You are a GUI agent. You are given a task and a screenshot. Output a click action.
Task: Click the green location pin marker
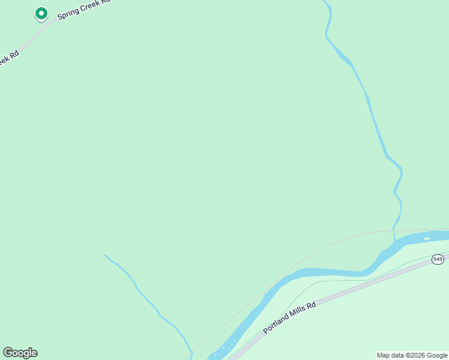coord(41,13)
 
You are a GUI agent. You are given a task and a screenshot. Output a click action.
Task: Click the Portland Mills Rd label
coord(289,319)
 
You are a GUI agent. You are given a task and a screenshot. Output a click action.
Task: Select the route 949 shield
coord(437,259)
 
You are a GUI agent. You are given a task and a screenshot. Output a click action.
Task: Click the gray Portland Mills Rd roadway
coord(360,289)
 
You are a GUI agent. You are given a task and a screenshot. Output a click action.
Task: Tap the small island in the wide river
coord(427,239)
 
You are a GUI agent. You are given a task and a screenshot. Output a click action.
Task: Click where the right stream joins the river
coord(394,241)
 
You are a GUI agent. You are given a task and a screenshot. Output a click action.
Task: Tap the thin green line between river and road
coord(336,281)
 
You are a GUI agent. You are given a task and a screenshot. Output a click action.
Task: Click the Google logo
coord(20,353)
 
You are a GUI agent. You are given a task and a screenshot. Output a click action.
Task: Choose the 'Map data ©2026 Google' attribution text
coord(412,355)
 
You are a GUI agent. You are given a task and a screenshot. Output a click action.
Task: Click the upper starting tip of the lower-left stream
coord(104,255)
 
